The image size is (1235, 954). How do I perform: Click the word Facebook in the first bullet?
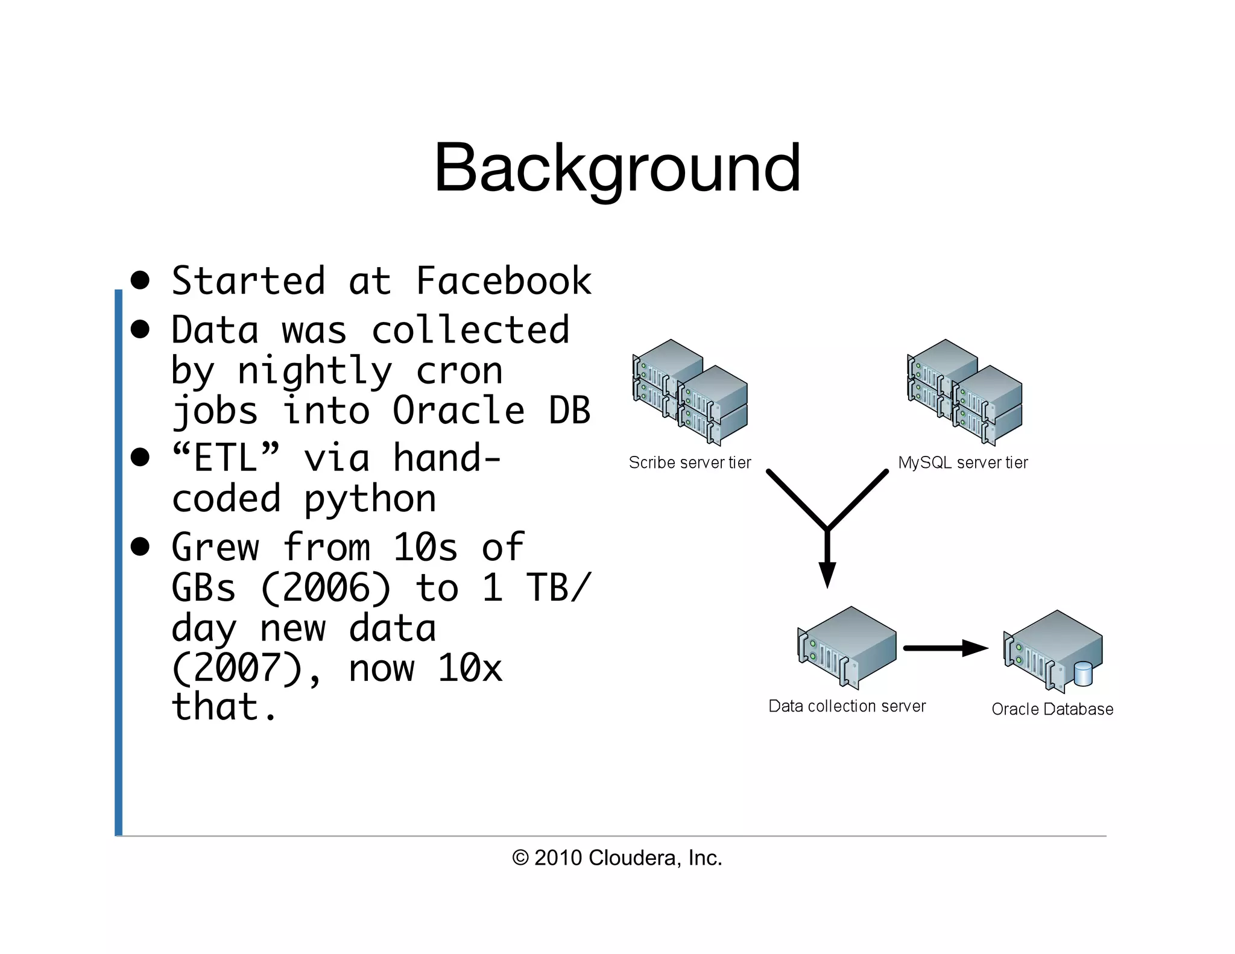click(504, 281)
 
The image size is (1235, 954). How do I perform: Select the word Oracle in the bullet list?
click(458, 411)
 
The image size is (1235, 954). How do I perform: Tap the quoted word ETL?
click(226, 458)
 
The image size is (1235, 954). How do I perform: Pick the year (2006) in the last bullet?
click(326, 588)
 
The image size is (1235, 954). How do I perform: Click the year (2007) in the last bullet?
click(237, 668)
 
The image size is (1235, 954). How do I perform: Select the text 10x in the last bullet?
click(470, 668)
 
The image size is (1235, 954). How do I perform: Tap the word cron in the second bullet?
click(459, 370)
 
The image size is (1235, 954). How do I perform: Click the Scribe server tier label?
click(690, 463)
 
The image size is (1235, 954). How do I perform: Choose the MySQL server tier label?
click(962, 463)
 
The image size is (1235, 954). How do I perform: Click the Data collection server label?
click(847, 706)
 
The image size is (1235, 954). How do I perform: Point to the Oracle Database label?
click(1052, 709)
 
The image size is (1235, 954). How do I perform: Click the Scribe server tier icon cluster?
click(690, 392)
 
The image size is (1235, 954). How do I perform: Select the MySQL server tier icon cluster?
click(964, 392)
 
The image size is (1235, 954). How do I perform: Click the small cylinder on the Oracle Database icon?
click(1083, 674)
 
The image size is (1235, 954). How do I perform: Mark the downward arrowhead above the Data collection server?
click(827, 573)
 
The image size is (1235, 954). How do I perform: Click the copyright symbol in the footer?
click(520, 858)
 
